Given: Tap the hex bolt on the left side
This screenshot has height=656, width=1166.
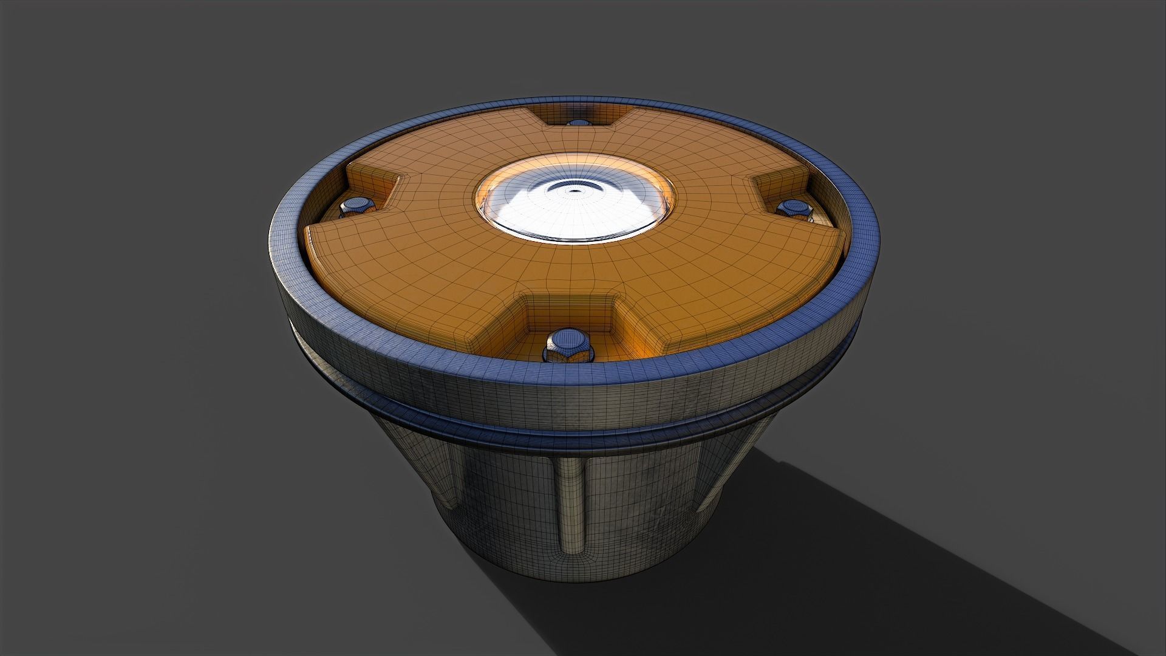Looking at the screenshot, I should click(x=356, y=207).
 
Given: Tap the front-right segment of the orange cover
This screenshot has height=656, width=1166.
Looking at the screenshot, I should click(x=729, y=273).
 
